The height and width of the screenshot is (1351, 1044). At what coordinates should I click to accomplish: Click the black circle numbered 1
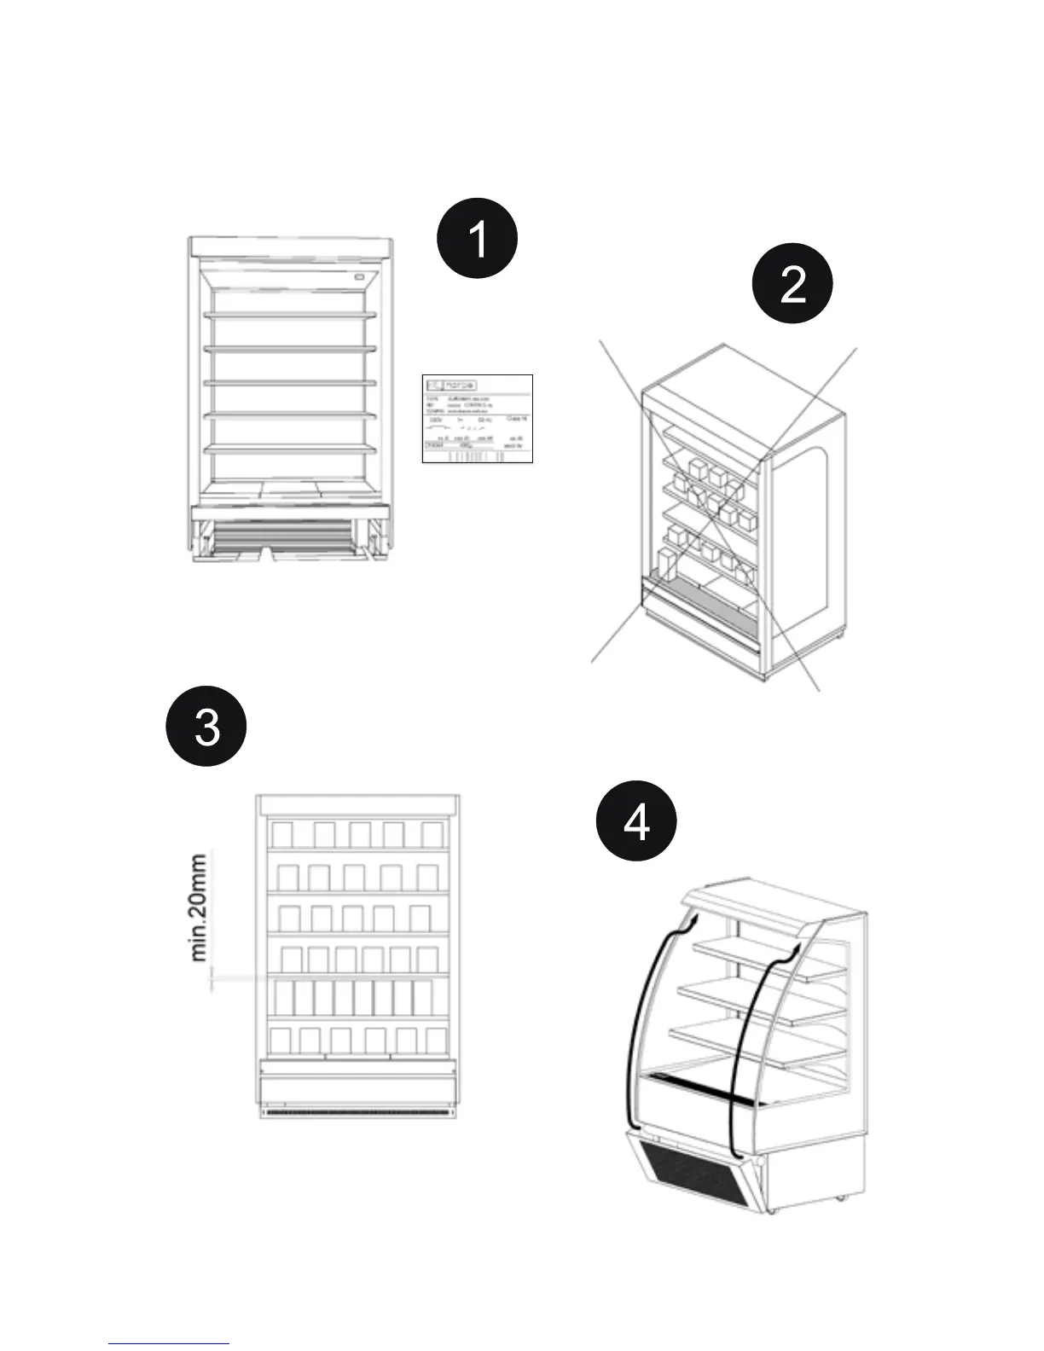point(478,238)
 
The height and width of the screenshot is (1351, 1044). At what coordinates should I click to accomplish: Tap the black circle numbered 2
point(792,283)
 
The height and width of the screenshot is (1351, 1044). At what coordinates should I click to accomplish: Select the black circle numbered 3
point(206,727)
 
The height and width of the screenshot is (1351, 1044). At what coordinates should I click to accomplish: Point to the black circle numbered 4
point(636,821)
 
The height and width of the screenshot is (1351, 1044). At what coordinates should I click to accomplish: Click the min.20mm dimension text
point(199,907)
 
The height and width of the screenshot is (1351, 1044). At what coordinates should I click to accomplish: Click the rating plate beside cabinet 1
point(478,419)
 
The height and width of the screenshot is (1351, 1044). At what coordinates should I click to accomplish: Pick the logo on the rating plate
point(452,386)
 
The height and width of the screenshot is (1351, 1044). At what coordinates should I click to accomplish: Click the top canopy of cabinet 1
point(291,248)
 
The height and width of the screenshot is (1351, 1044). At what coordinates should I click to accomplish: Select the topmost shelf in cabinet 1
point(290,316)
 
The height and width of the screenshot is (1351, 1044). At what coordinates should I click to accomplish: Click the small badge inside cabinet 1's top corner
point(360,276)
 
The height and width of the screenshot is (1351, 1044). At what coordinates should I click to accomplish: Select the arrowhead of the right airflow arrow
point(794,949)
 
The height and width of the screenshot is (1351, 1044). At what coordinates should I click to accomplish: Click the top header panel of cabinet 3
point(358,806)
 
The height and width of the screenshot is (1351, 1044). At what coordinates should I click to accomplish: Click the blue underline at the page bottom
point(169,1343)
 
